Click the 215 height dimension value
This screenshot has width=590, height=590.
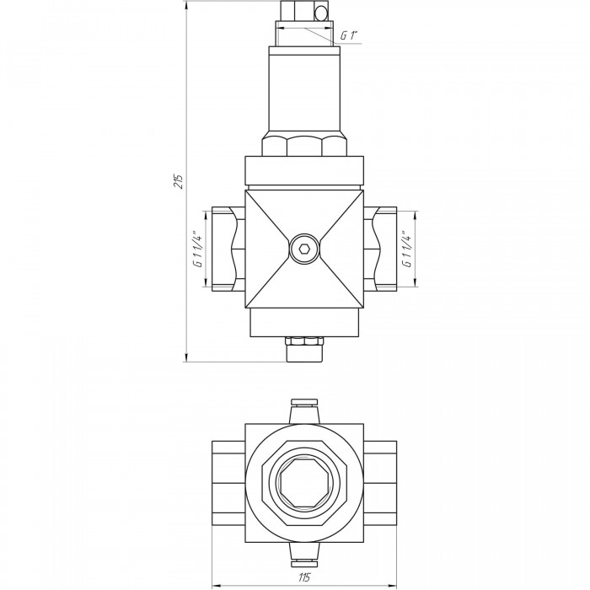[x=180, y=181]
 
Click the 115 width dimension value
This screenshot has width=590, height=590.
[x=304, y=577]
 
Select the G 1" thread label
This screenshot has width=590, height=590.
[x=348, y=35]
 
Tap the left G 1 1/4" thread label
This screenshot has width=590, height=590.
[x=198, y=249]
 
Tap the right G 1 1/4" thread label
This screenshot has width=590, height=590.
[x=407, y=249]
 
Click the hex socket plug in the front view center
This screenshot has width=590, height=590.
[x=304, y=249]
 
